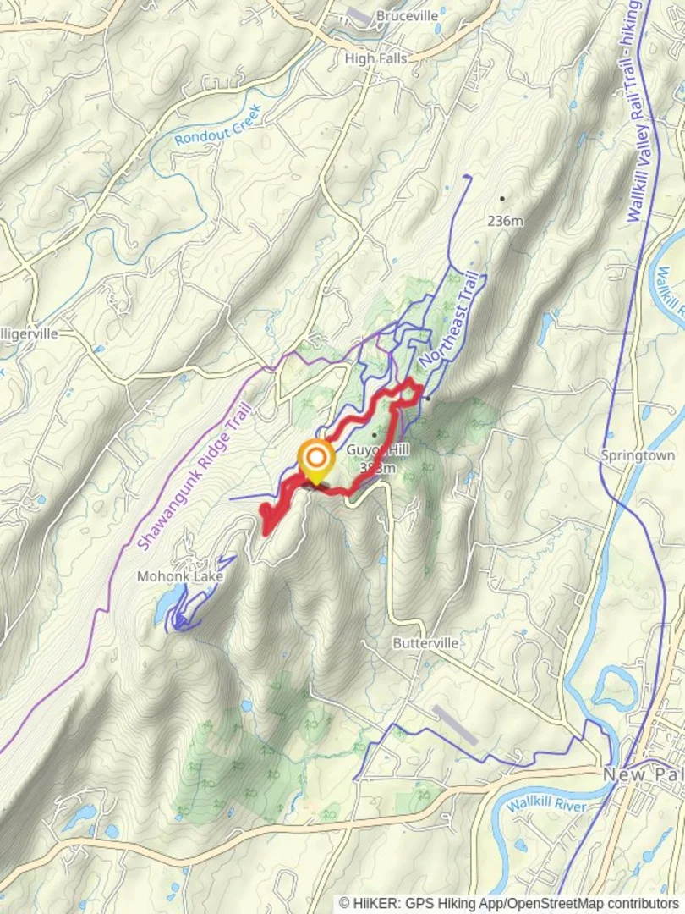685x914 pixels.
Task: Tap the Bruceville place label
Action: point(407,16)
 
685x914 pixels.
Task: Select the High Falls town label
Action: point(375,58)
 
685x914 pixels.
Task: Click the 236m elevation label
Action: point(505,221)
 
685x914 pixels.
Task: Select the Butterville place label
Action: point(425,643)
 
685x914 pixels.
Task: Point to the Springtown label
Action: point(638,455)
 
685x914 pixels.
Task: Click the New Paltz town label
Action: point(642,775)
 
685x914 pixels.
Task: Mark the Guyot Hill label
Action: point(378,451)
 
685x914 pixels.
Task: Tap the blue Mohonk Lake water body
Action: point(167,603)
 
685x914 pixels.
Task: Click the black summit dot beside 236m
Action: point(501,199)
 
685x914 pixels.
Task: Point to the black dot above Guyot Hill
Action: point(374,435)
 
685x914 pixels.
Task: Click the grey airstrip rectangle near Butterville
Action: point(454,725)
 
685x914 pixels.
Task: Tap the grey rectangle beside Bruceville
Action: point(359,15)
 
